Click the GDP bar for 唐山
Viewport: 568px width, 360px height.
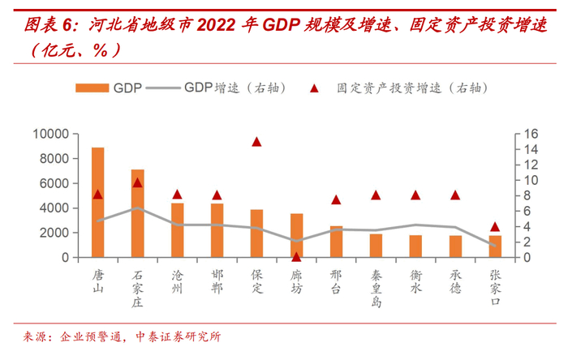point(97,203)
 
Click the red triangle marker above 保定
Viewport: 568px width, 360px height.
point(256,141)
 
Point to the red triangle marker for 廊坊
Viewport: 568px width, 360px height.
point(296,255)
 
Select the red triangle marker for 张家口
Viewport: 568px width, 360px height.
point(495,227)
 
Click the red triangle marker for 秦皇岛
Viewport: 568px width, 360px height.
point(376,195)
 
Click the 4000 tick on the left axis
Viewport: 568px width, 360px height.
point(55,208)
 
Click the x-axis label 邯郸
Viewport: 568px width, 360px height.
point(217,280)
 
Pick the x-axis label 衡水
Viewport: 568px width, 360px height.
point(415,280)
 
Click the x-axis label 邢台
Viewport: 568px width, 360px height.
point(336,280)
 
